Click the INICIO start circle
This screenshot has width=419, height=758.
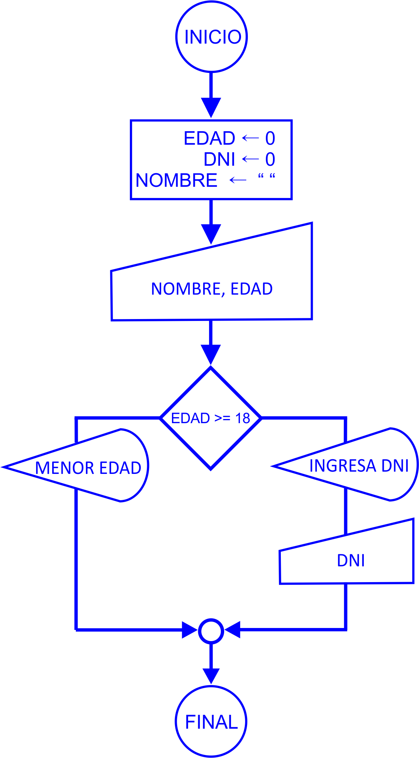tap(211, 37)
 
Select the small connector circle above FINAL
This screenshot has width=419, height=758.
tap(211, 630)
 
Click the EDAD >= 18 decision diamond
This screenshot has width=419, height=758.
tap(211, 418)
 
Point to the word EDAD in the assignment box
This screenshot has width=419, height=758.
tap(209, 138)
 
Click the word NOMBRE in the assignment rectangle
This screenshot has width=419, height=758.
tap(176, 181)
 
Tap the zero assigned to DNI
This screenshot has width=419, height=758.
tap(270, 160)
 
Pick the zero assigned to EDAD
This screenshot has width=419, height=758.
tap(270, 139)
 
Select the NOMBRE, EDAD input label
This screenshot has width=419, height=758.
tap(212, 289)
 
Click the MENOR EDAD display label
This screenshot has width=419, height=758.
tap(88, 468)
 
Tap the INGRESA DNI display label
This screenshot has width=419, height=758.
tap(359, 466)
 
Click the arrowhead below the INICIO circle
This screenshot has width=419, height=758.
tap(211, 107)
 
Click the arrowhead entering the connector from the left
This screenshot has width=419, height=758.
tap(190, 630)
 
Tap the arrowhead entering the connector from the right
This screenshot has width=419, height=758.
tap(233, 630)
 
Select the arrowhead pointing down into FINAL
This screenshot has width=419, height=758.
tap(211, 675)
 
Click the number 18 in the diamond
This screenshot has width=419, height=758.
tap(243, 418)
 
